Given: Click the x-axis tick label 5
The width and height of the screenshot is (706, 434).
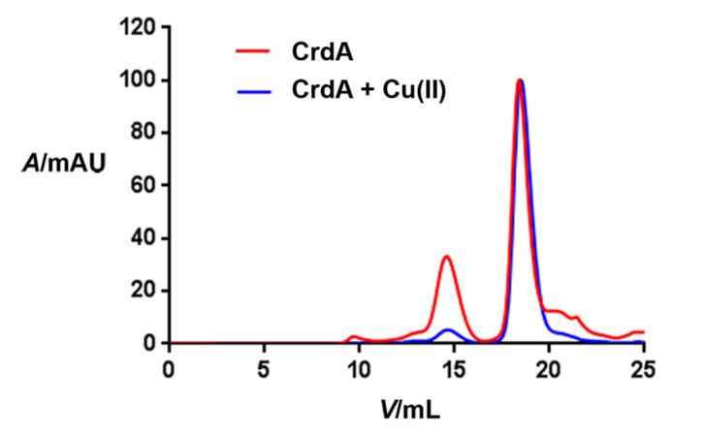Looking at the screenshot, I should pyautogui.click(x=264, y=368).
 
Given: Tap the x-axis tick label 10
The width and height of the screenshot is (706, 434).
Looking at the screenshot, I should pyautogui.click(x=359, y=368).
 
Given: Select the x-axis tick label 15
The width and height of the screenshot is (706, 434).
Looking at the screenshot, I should pyautogui.click(x=454, y=368).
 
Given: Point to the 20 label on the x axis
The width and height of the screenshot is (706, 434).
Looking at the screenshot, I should pyautogui.click(x=549, y=368).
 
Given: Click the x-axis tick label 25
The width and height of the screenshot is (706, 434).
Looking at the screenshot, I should pyautogui.click(x=643, y=368).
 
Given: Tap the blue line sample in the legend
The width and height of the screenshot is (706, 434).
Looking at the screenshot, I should pyautogui.click(x=251, y=94).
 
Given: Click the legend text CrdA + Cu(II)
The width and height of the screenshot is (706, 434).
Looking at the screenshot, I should pyautogui.click(x=369, y=94).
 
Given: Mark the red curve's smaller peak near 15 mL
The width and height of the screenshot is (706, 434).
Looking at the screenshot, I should pyautogui.click(x=446, y=257).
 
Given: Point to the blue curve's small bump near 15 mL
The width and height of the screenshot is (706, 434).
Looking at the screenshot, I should pyautogui.click(x=447, y=329).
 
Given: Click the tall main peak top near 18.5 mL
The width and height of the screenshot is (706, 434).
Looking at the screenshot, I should pyautogui.click(x=521, y=80).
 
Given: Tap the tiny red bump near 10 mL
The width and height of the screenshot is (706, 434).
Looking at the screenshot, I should pyautogui.click(x=354, y=336).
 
